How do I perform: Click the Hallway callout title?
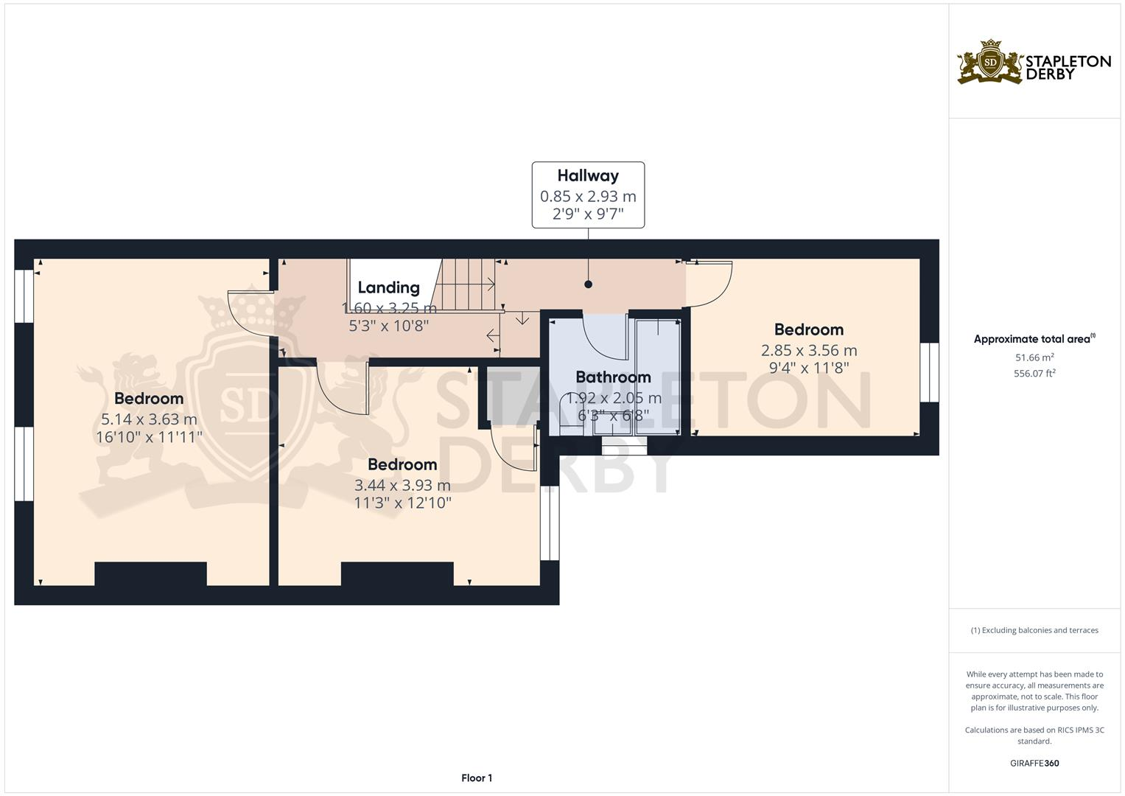[x=587, y=175]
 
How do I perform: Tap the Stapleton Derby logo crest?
[x=990, y=63]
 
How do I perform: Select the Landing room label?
[x=388, y=287]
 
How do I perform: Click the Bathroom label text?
[x=613, y=377]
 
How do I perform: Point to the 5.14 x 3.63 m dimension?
[x=149, y=419]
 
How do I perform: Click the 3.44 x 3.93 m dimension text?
[x=402, y=486]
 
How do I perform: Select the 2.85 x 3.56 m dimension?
[x=809, y=351]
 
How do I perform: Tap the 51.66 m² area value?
[x=1034, y=357]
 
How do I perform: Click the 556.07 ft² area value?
[x=1034, y=374]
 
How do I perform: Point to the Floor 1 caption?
[x=477, y=778]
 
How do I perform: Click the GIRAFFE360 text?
[x=1034, y=763]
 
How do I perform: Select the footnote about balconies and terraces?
[x=1034, y=630]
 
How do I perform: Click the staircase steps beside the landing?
[x=469, y=284]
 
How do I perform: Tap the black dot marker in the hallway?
[x=588, y=284]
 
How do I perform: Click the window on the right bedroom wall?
[x=930, y=372]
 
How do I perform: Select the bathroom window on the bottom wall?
[x=624, y=445]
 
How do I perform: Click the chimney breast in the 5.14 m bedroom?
[x=150, y=574]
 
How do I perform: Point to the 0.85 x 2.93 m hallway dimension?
[x=587, y=197]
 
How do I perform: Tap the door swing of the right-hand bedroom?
[x=709, y=284]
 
